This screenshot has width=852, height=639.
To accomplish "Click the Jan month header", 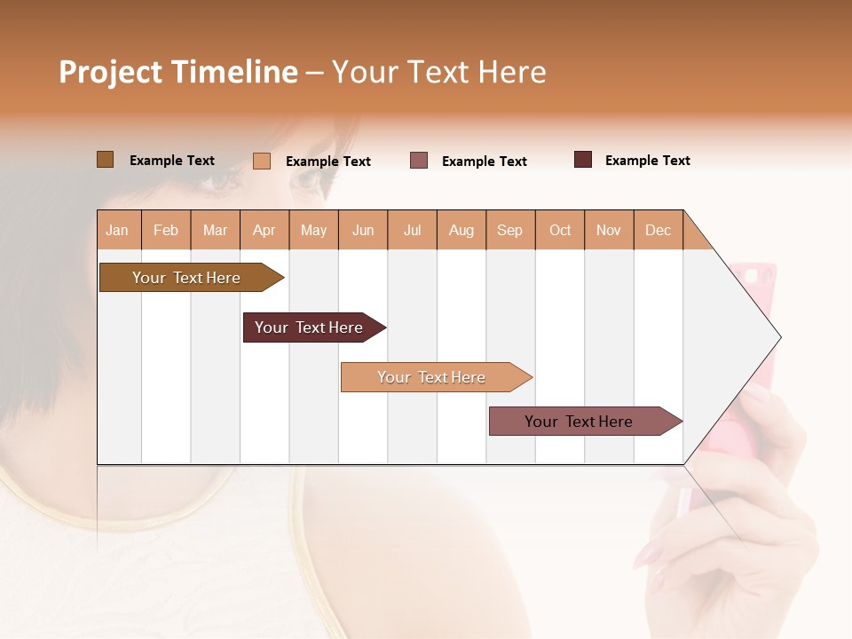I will (x=118, y=230).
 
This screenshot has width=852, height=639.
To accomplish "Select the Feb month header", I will (x=166, y=230).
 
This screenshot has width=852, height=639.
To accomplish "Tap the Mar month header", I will (x=215, y=230).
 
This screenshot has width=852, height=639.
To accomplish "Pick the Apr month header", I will (x=264, y=230).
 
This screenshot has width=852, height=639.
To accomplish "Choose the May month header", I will (x=313, y=230).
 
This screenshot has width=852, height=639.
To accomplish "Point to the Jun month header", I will (x=363, y=230).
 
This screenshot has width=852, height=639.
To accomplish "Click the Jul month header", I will (x=412, y=230).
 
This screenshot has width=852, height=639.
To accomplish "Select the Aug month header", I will (x=461, y=230).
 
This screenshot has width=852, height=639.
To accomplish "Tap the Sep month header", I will (x=510, y=230).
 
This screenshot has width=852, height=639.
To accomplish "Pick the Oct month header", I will (x=560, y=230).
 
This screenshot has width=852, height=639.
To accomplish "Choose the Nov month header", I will (x=609, y=230).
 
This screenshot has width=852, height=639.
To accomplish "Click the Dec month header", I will (x=659, y=230).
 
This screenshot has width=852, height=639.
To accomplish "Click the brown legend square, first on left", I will (x=106, y=160).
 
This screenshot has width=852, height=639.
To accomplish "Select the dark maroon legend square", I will (x=583, y=160).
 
